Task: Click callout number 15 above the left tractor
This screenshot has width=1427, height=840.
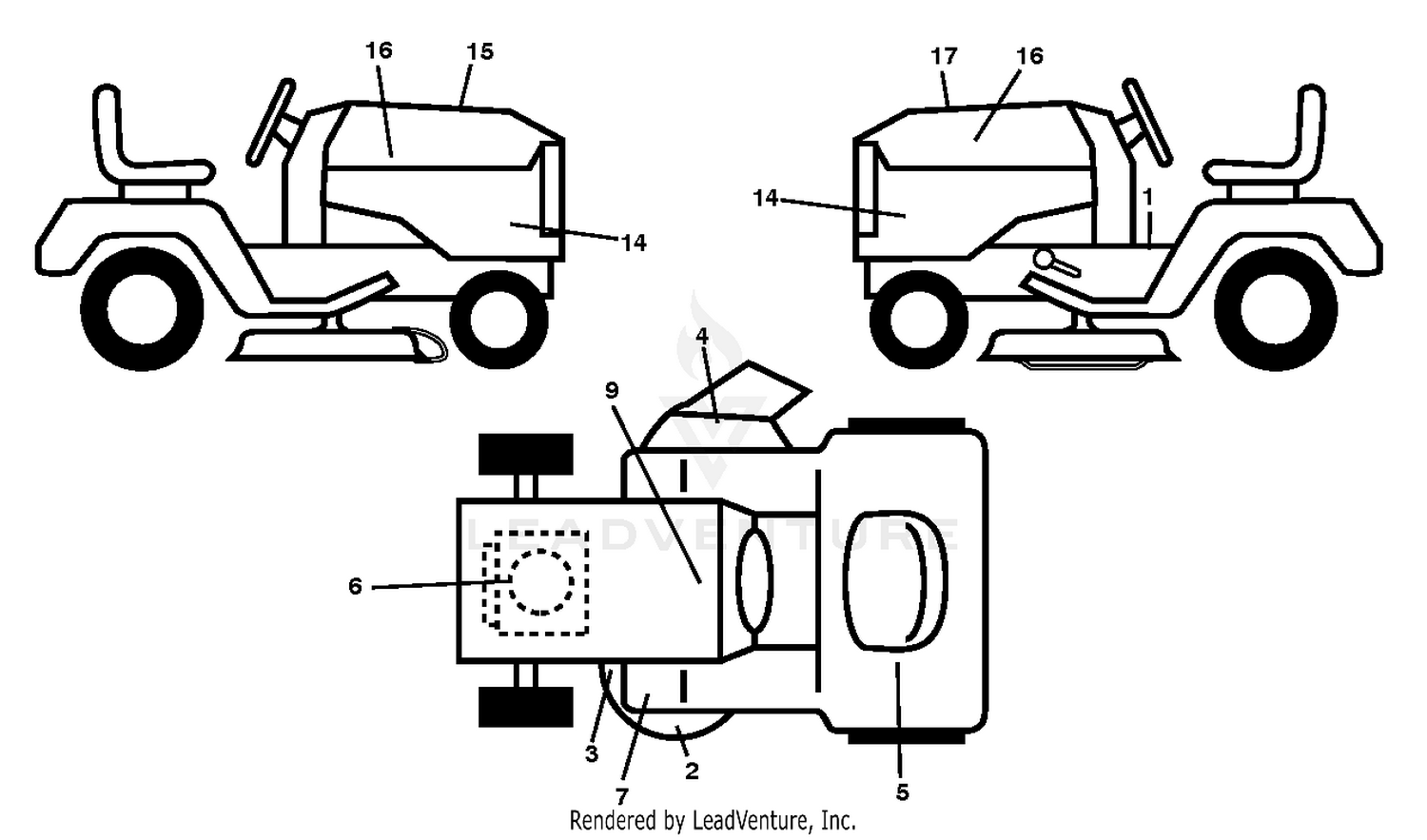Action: pyautogui.click(x=479, y=51)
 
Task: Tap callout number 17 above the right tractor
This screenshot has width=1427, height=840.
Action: pyautogui.click(x=944, y=57)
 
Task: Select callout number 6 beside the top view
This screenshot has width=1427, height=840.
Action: pyautogui.click(x=355, y=586)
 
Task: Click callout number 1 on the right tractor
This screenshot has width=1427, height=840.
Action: pyautogui.click(x=1148, y=198)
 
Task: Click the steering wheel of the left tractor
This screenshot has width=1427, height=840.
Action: pyautogui.click(x=271, y=123)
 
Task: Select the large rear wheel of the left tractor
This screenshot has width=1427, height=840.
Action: pyautogui.click(x=142, y=309)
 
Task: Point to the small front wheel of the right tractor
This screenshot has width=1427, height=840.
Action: pyautogui.click(x=919, y=319)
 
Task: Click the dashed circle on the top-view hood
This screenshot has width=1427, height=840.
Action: pyautogui.click(x=540, y=582)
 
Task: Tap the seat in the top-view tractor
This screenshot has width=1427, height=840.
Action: pyautogui.click(x=894, y=581)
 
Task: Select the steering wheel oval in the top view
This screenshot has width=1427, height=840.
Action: pyautogui.click(x=754, y=581)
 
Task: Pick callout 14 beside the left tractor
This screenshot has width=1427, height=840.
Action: pyautogui.click(x=634, y=243)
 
